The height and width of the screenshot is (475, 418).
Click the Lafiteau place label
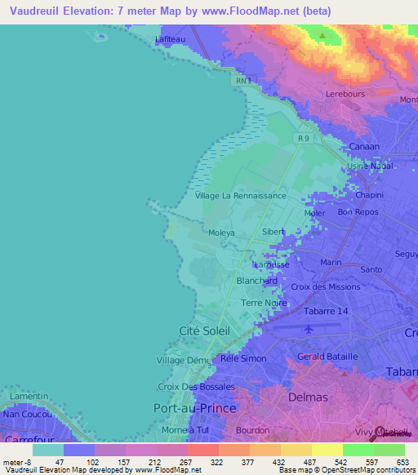[171, 38]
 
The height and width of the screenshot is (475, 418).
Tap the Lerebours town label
[345, 94]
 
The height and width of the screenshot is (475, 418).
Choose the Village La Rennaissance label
[241, 196]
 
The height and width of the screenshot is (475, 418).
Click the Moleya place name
[221, 233]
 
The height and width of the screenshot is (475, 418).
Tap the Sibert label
[273, 232]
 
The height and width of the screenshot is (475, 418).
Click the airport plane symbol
[308, 330]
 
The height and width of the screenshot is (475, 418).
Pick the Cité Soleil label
[204, 331]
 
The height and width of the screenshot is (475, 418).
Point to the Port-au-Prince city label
[195, 407]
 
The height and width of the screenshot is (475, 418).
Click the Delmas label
[309, 397]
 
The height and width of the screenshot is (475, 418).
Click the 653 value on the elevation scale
[403, 461]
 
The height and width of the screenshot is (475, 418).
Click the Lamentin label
[29, 396]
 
